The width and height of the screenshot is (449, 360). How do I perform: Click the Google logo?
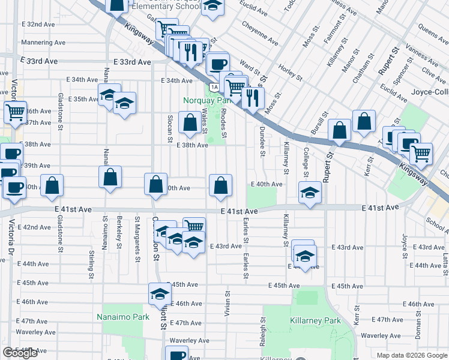[x=20, y=353]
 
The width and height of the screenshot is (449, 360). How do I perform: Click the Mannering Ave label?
[x=43, y=43]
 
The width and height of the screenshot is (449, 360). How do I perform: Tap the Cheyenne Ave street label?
[x=260, y=34]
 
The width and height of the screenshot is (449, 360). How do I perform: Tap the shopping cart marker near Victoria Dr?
[x=15, y=111]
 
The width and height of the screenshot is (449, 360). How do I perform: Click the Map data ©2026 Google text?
[x=411, y=355]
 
